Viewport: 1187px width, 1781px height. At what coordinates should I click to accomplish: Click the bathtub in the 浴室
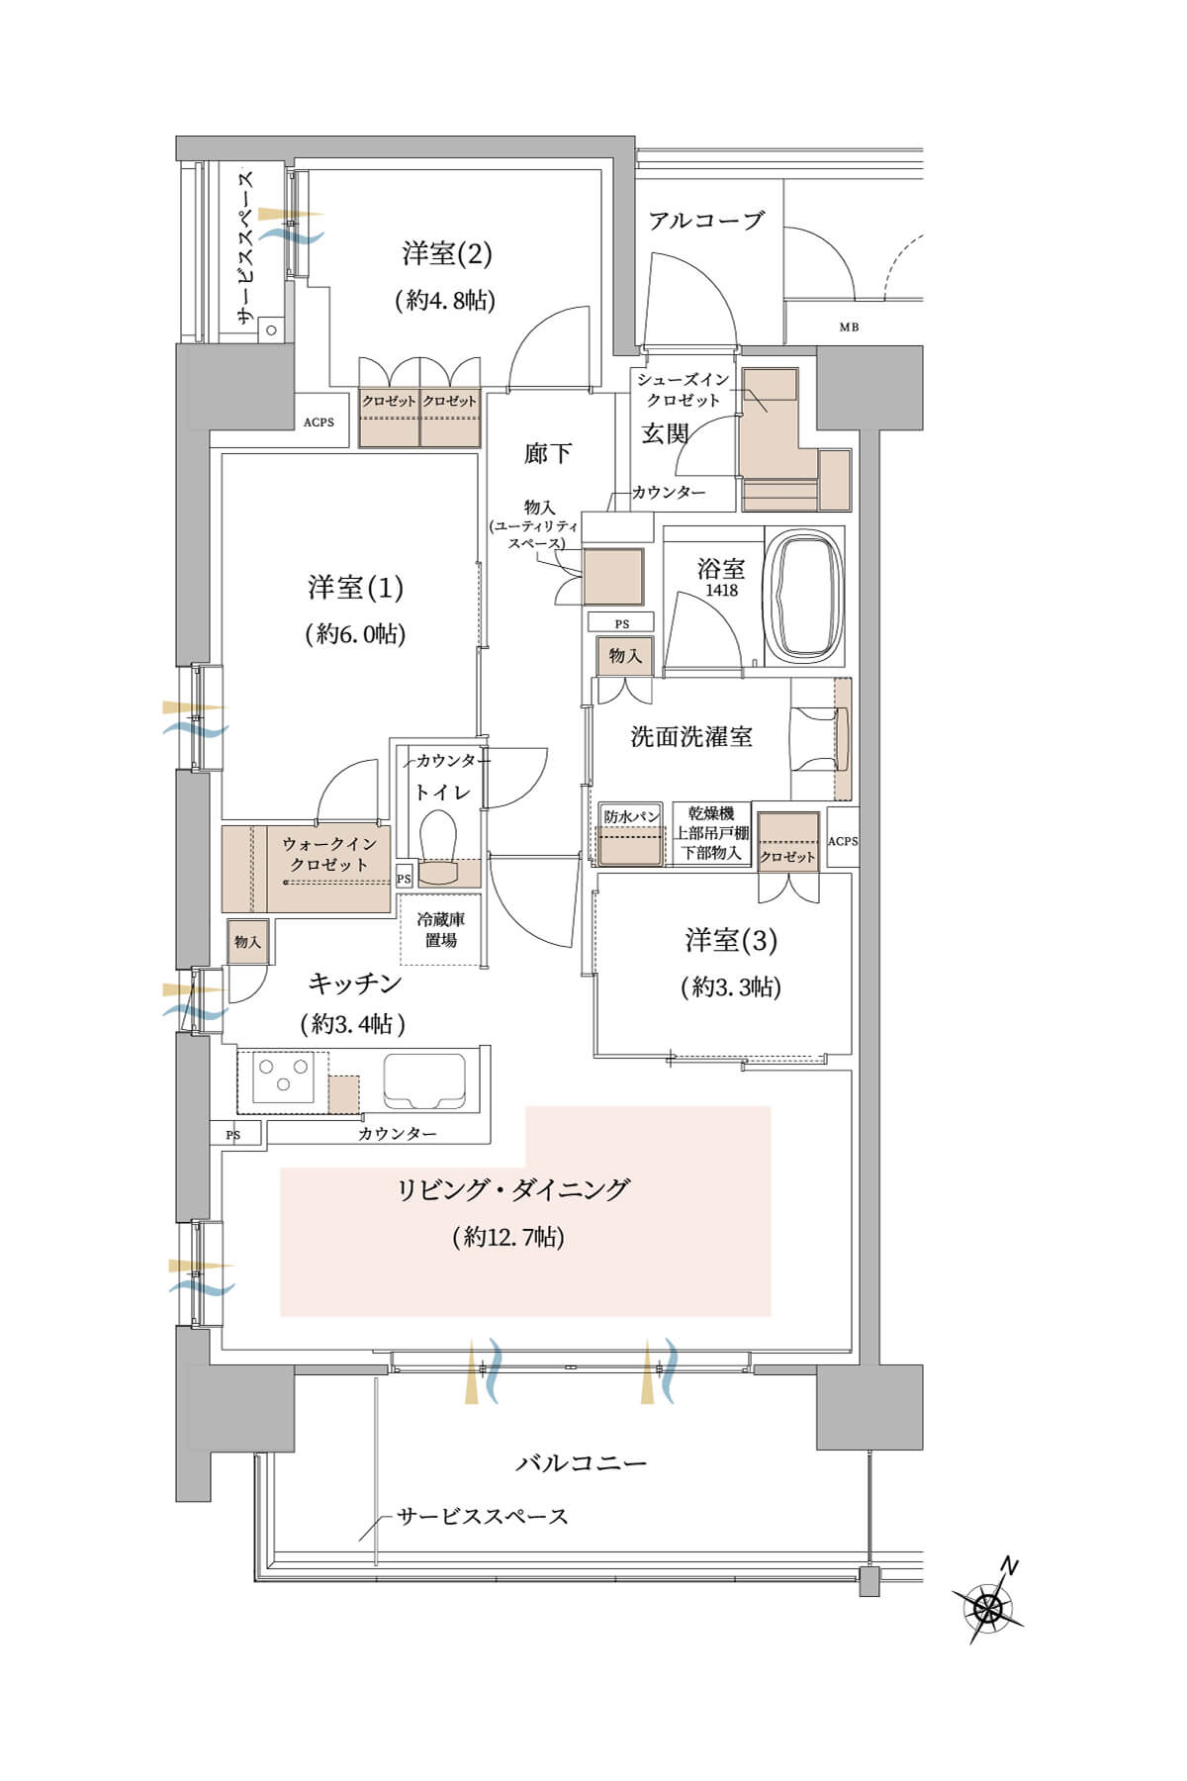click(x=805, y=597)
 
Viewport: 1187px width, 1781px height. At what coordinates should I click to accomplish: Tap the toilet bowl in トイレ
click(x=437, y=838)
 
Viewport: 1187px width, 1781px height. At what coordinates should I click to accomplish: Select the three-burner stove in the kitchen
click(x=282, y=1076)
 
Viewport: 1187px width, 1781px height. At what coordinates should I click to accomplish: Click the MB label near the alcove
click(x=850, y=328)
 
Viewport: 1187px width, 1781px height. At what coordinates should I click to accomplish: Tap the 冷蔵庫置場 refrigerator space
click(x=440, y=929)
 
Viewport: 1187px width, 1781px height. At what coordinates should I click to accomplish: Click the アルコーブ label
click(x=706, y=220)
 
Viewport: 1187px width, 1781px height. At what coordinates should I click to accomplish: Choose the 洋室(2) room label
click(x=446, y=253)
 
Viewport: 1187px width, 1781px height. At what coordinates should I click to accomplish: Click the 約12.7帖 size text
click(x=508, y=1237)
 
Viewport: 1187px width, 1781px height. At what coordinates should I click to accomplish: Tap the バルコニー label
click(x=581, y=1462)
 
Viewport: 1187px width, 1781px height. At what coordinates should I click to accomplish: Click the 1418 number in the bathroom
click(x=721, y=591)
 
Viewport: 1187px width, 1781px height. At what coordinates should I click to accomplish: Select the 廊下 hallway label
click(x=547, y=453)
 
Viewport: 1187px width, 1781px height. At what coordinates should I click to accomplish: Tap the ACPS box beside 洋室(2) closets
click(x=319, y=422)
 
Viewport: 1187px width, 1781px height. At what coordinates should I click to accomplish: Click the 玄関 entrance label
click(x=664, y=433)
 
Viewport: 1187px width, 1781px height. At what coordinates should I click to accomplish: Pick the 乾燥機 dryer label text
click(x=711, y=813)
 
